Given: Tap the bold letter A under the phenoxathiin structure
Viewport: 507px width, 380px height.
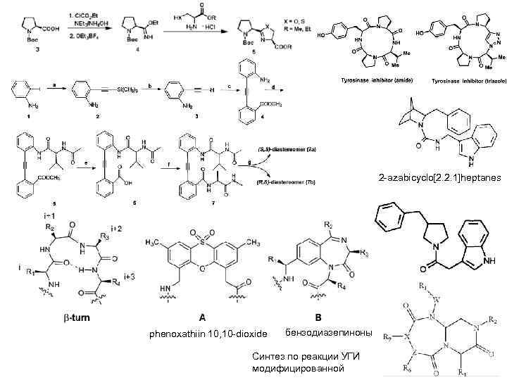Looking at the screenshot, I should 202,317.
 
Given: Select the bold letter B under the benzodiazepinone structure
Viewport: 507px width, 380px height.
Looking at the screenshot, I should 318,317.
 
